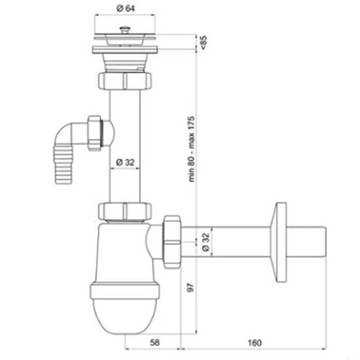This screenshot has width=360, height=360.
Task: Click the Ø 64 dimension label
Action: [126, 9]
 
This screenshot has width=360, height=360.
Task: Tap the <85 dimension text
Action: [204, 42]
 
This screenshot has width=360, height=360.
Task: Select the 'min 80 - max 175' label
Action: [191, 149]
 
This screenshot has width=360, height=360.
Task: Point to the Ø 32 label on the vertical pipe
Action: [125, 162]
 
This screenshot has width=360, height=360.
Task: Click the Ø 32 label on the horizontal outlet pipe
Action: [206, 242]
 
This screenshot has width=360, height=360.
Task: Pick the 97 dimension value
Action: [190, 287]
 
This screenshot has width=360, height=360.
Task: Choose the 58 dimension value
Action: [154, 342]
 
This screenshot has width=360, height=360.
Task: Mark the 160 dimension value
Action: [255, 343]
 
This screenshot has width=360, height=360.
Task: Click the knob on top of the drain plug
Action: [125, 30]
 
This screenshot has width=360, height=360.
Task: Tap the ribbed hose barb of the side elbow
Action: [63, 164]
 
